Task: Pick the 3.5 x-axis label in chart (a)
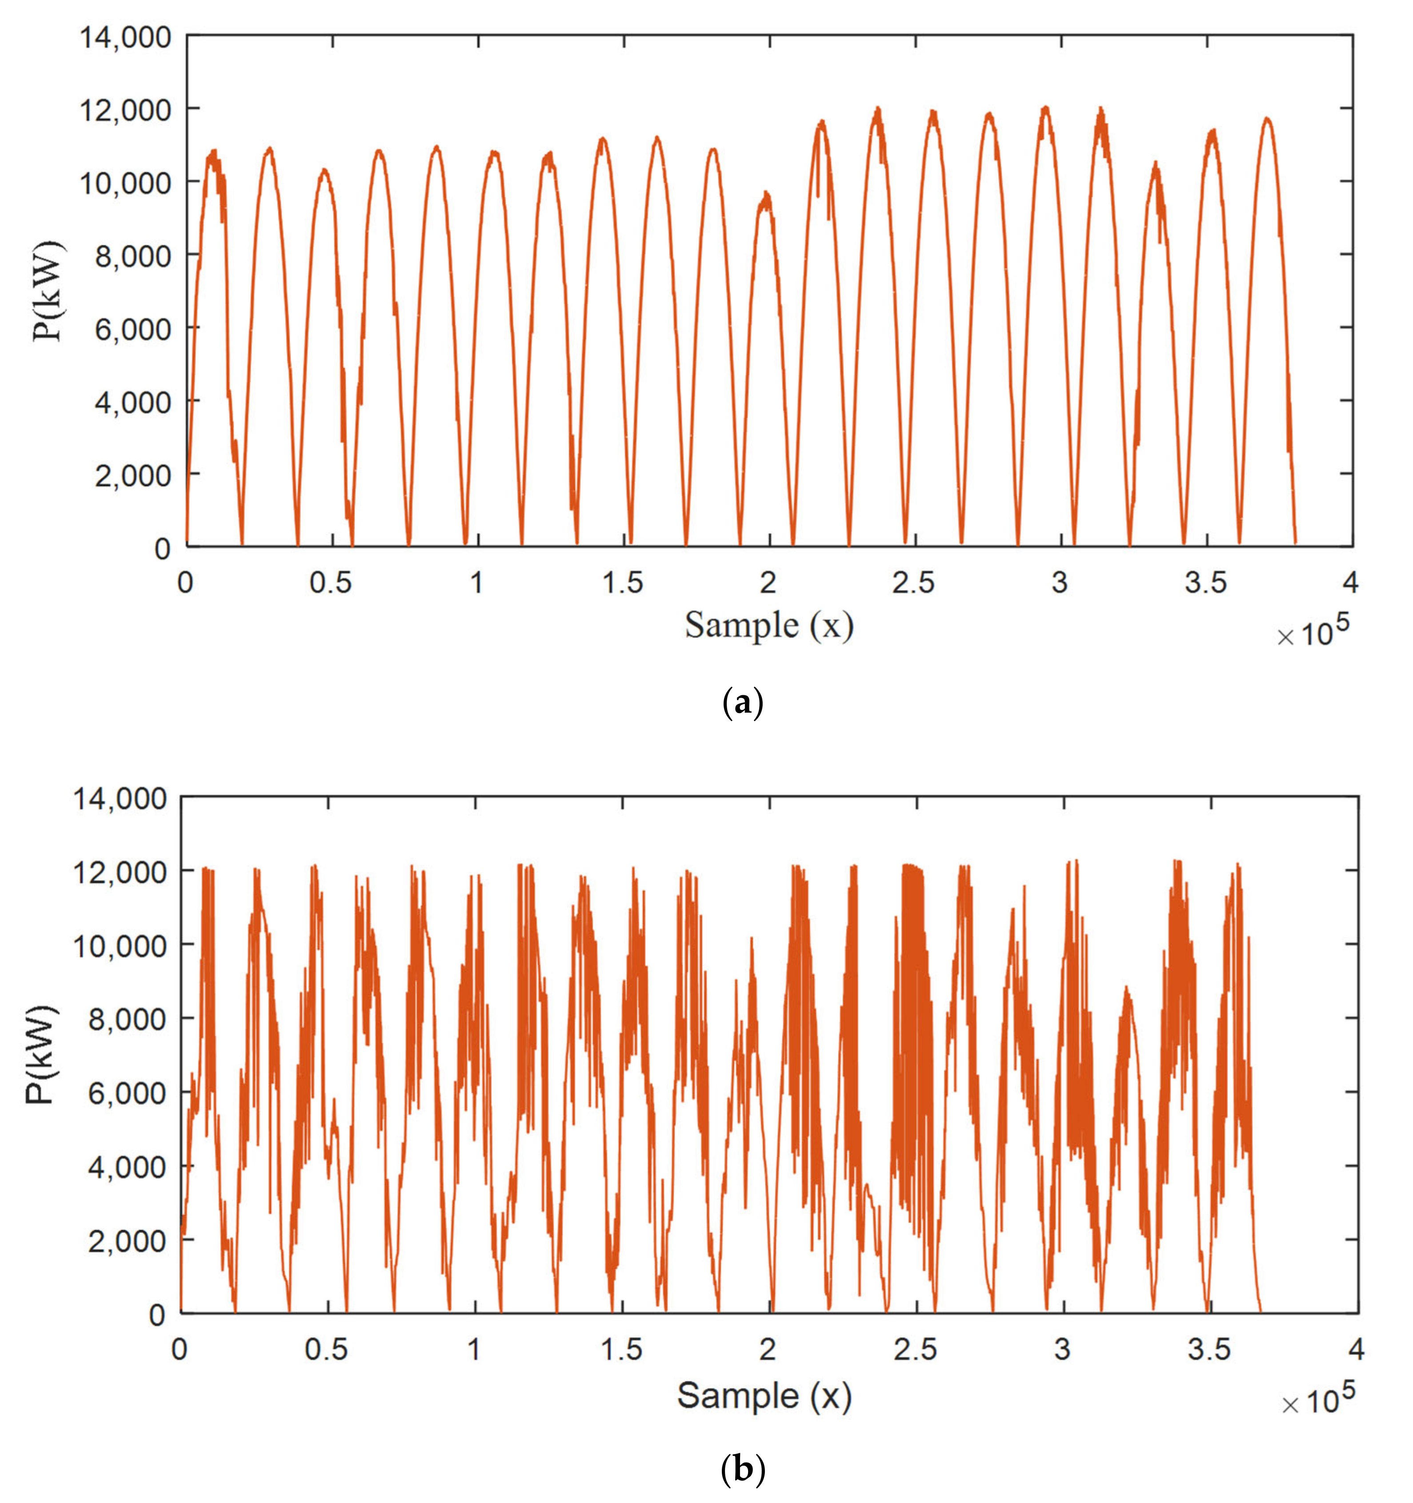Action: (x=1206, y=583)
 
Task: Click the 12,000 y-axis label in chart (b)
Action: (x=120, y=872)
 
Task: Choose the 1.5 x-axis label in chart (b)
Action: (x=622, y=1350)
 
